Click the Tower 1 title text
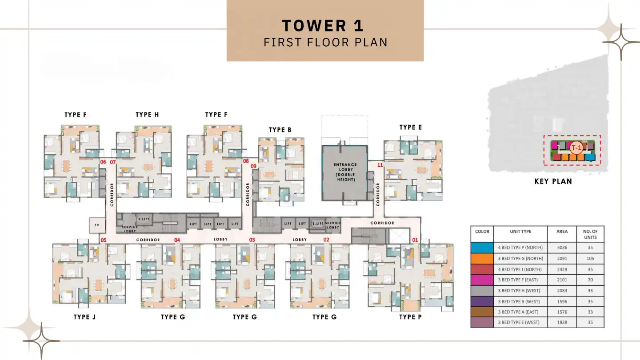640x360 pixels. coord(323,25)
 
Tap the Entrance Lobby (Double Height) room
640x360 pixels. coord(345,172)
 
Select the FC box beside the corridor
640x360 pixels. coord(96,225)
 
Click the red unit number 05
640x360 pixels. coord(103,240)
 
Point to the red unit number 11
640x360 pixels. coord(380,165)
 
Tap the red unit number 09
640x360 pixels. coord(253,166)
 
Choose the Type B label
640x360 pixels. coord(280,130)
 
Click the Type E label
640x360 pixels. coord(410,127)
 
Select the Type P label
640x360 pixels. coord(410,317)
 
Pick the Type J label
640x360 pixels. coord(84,317)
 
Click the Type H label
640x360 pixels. coord(147,115)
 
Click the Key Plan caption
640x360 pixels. coord(553,181)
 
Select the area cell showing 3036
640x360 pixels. coord(562,248)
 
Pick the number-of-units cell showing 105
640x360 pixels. coord(590,258)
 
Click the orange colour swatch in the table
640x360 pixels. coord(482,258)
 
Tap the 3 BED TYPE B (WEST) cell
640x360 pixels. coord(520,301)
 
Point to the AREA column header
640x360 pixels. coord(562,232)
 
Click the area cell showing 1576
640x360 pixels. coord(562,312)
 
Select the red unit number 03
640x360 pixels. coord(252,240)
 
